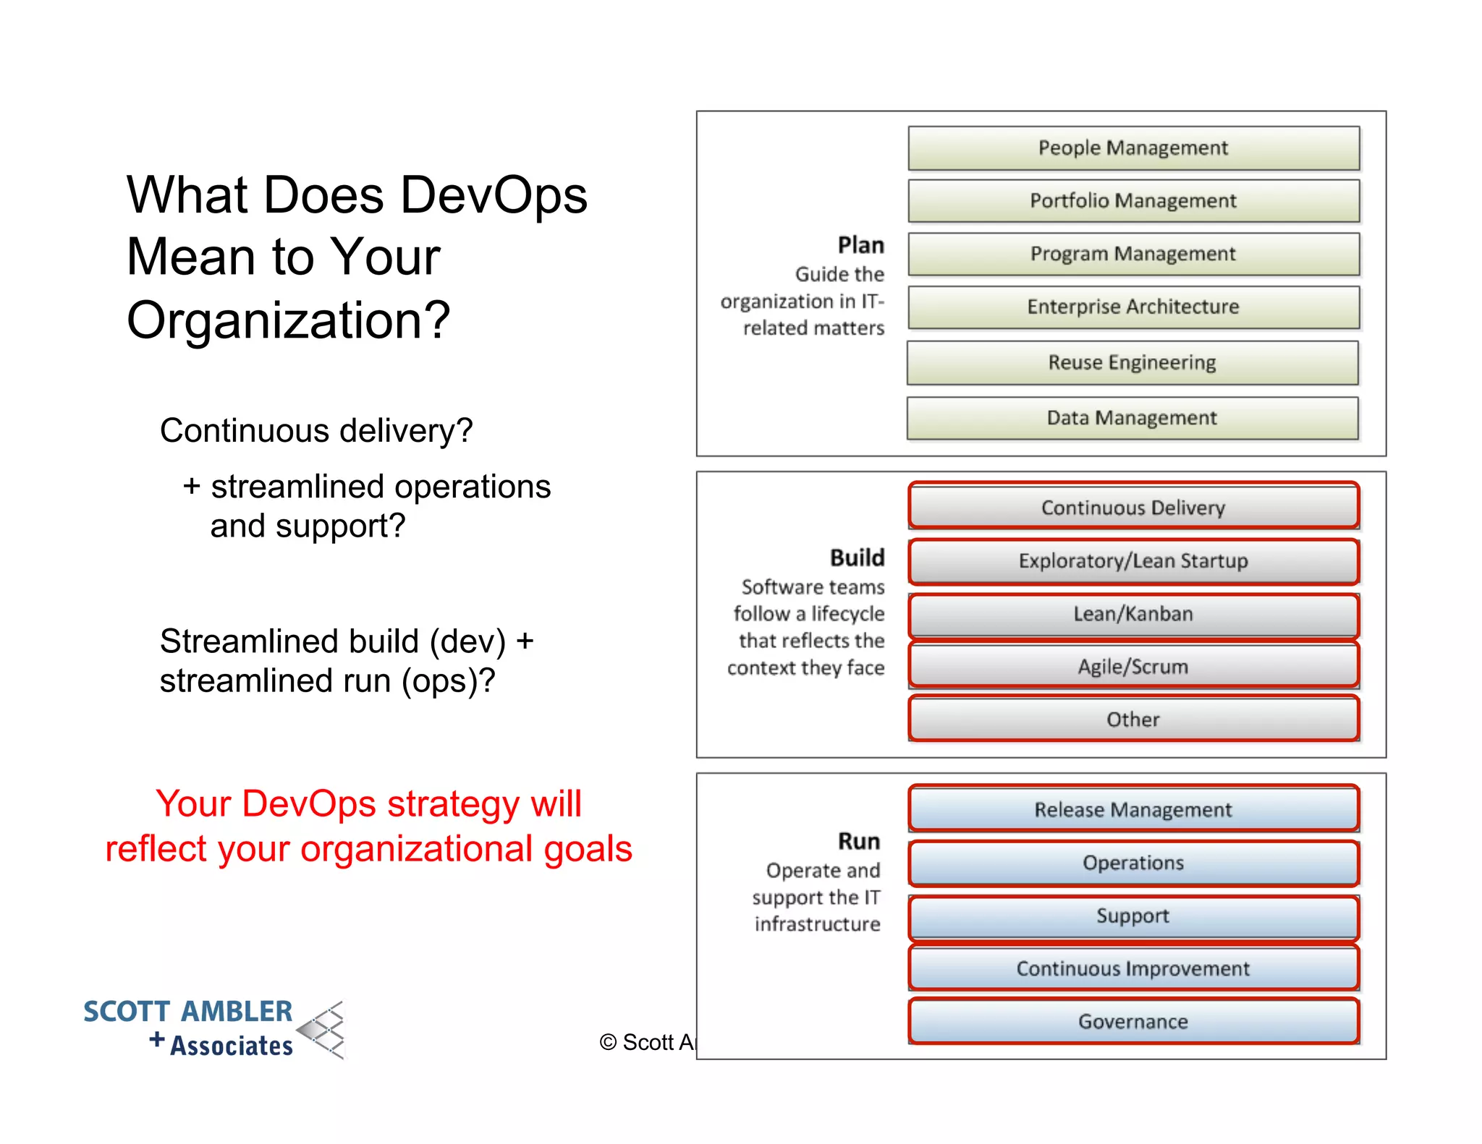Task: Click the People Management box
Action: click(x=1133, y=148)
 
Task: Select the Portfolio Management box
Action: click(x=1133, y=201)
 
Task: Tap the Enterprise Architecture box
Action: click(x=1133, y=307)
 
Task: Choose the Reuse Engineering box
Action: click(x=1132, y=362)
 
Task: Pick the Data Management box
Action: click(x=1132, y=418)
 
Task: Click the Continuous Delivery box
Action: click(x=1133, y=508)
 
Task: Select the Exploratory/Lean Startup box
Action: click(x=1133, y=561)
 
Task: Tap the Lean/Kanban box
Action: click(x=1133, y=614)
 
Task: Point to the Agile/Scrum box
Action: click(x=1133, y=667)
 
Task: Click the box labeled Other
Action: click(x=1133, y=720)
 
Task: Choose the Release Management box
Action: click(x=1133, y=810)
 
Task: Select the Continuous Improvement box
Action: click(x=1133, y=969)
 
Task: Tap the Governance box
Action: click(x=1133, y=1022)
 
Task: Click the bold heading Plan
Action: click(x=860, y=245)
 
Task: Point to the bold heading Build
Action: click(x=857, y=558)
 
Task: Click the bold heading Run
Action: click(x=859, y=841)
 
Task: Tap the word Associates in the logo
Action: click(x=232, y=1046)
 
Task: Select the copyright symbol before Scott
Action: click(x=608, y=1042)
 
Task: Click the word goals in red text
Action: click(x=588, y=849)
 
